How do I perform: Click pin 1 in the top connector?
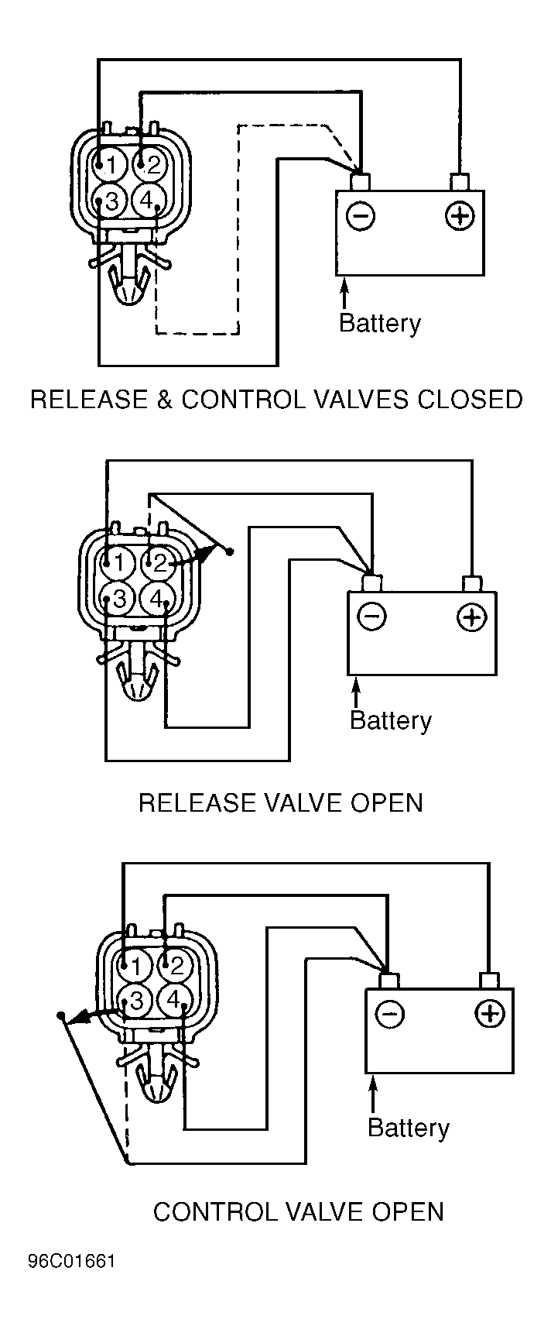(x=110, y=164)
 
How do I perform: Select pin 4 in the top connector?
(x=146, y=201)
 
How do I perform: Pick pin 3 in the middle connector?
(x=119, y=599)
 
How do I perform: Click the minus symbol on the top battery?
(x=360, y=215)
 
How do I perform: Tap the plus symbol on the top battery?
(x=460, y=215)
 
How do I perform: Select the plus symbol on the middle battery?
(x=471, y=617)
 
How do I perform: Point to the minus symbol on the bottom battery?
(x=389, y=1014)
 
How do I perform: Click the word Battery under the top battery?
(x=380, y=324)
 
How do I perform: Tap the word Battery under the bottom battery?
(x=409, y=1128)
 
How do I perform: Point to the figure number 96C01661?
(x=71, y=1262)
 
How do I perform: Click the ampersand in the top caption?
(x=165, y=400)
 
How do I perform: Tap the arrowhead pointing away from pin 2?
(x=200, y=555)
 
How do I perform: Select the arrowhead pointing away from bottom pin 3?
(x=81, y=1016)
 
